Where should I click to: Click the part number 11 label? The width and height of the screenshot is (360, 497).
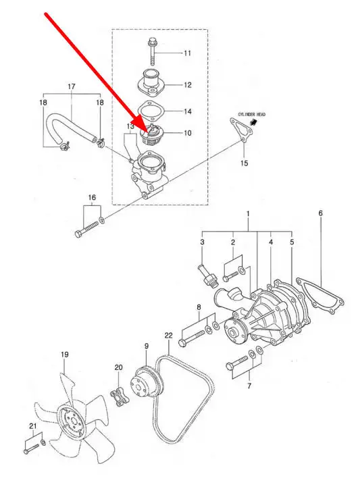click(188, 53)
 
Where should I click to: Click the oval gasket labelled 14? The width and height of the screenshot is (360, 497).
click(151, 111)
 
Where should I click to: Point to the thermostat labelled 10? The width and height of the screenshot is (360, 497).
click(151, 134)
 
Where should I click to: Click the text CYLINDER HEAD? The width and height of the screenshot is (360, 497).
click(252, 114)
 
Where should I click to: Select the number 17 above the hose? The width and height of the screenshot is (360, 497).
click(72, 86)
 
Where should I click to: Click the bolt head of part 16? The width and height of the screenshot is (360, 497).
click(78, 234)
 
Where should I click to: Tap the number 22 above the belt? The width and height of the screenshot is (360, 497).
click(169, 336)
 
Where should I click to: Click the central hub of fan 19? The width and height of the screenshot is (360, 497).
click(72, 421)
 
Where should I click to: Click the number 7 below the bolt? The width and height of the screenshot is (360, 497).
click(249, 386)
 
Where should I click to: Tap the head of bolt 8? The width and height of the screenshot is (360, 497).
click(183, 342)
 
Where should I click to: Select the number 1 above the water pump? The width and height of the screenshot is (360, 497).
click(248, 214)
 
